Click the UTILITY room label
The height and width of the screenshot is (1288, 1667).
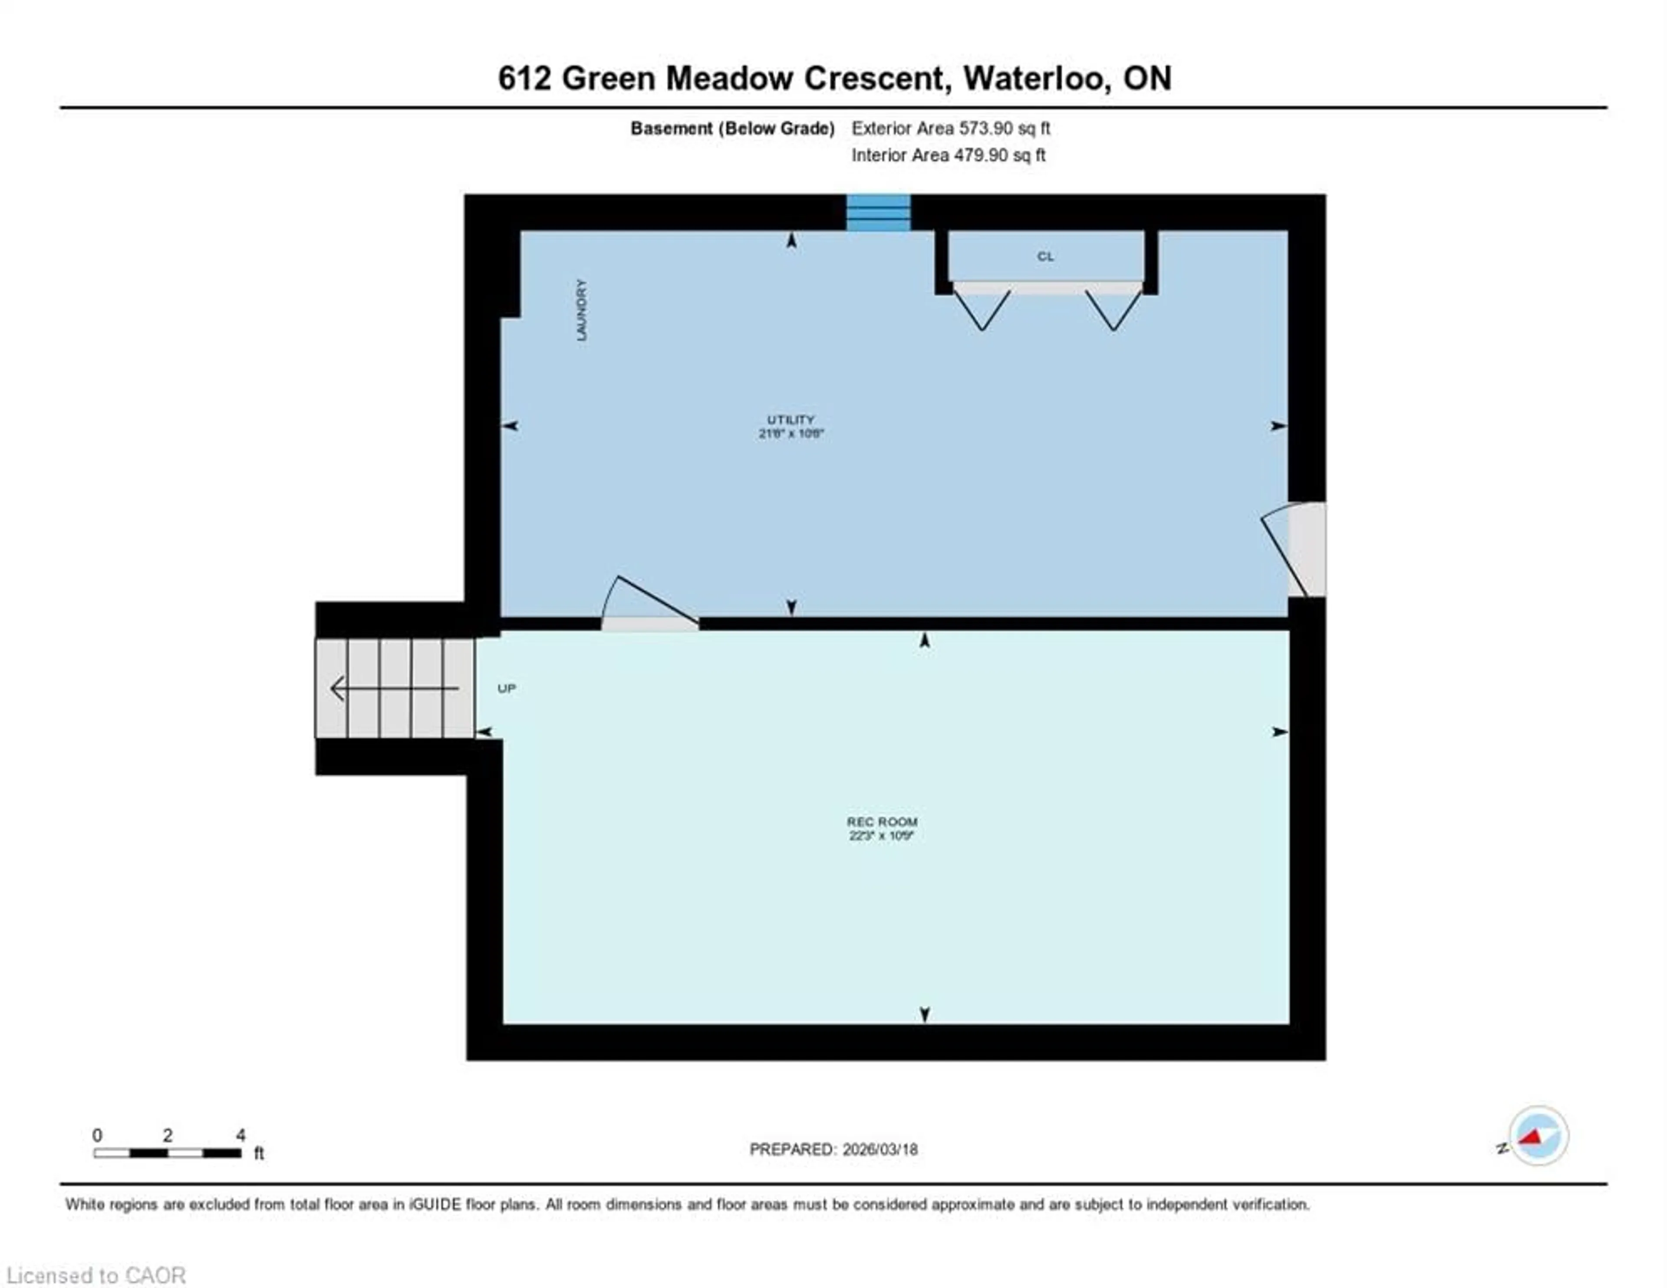pyautogui.click(x=791, y=420)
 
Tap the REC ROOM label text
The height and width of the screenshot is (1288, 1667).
pyautogui.click(x=882, y=821)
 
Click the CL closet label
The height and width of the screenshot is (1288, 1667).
pyautogui.click(x=1045, y=257)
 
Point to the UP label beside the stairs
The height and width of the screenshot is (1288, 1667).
pyautogui.click(x=507, y=688)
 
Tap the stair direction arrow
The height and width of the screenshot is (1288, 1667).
pyautogui.click(x=393, y=688)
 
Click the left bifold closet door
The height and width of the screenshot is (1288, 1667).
pyautogui.click(x=982, y=309)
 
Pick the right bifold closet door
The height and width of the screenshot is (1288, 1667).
pyautogui.click(x=1113, y=309)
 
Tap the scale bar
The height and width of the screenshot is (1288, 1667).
pyautogui.click(x=168, y=1153)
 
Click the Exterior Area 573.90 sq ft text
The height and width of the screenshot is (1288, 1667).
pyautogui.click(x=950, y=128)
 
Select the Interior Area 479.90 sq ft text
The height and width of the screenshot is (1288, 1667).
pyautogui.click(x=948, y=155)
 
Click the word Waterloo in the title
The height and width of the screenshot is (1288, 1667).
pyautogui.click(x=1034, y=79)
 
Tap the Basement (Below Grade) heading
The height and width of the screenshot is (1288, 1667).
pyautogui.click(x=732, y=128)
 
